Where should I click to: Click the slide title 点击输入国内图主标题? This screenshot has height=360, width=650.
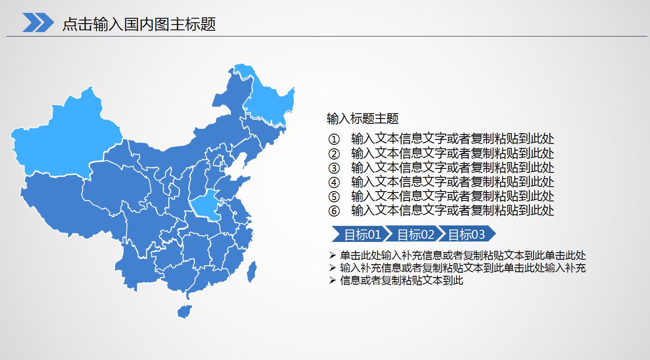[139, 24]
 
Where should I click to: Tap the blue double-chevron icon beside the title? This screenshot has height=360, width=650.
[38, 23]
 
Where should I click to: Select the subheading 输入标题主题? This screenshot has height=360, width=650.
[362, 119]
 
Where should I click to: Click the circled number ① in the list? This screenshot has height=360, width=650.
[334, 139]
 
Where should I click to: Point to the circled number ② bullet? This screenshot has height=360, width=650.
[334, 154]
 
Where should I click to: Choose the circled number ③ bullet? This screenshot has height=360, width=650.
[334, 168]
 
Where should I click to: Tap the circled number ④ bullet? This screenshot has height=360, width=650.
[334, 182]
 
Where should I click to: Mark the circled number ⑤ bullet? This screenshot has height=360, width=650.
[334, 196]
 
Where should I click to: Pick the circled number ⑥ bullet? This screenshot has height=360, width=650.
[334, 211]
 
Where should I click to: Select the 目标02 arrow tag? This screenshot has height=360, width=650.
[414, 234]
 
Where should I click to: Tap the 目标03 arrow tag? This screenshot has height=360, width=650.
[466, 234]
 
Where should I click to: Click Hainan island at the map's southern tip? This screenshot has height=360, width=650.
[184, 311]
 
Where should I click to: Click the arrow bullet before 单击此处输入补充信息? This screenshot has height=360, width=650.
[332, 255]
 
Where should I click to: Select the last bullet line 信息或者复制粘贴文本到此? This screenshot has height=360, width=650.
[401, 280]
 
